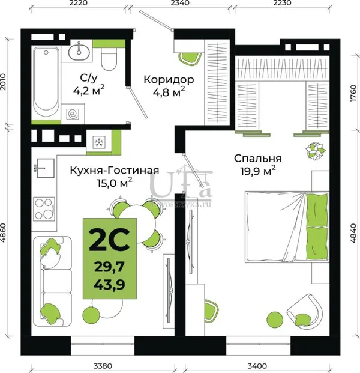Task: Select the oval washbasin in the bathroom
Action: coord(79,52)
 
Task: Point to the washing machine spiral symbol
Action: coord(73,114)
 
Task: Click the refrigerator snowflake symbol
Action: coord(98,142)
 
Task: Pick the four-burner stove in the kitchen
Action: coord(44,208)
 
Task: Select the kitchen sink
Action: coord(44,168)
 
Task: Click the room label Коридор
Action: coord(169,80)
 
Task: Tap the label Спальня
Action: coord(257,159)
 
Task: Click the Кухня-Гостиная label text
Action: coord(115,171)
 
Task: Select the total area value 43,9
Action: coord(109,284)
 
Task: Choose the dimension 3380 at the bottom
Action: coord(103,366)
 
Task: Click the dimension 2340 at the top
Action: coord(180,3)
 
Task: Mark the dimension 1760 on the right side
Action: coord(353,93)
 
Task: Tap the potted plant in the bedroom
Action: coord(316,151)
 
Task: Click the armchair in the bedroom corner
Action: coord(305,312)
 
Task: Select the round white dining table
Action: coord(137,223)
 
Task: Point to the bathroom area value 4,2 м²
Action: coord(89,90)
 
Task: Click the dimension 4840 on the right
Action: coord(353,233)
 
